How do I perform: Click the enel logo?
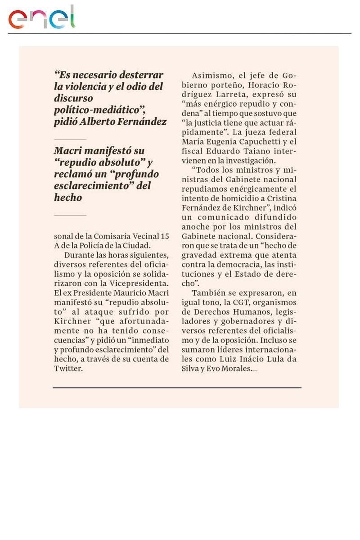coord(41,18)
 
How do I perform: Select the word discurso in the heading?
coord(73,98)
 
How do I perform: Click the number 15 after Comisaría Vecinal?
coord(165,236)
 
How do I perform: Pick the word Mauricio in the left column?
coord(124,292)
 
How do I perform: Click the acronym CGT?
coord(244,302)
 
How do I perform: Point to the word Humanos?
coord(246,312)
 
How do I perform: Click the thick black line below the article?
coord(177,387)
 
